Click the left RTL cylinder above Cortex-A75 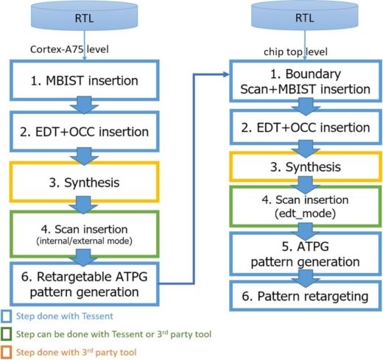pos(84,16)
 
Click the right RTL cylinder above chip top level pos(304,16)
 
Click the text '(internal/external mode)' pos(84,241)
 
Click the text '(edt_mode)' pos(305,213)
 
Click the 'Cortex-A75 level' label pos(69,49)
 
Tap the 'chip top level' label pos(295,52)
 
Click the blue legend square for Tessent pos(6,316)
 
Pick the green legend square pos(6,334)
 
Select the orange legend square pos(6,352)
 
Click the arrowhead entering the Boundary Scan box pos(226,74)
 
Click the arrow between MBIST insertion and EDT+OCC pos(84,105)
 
